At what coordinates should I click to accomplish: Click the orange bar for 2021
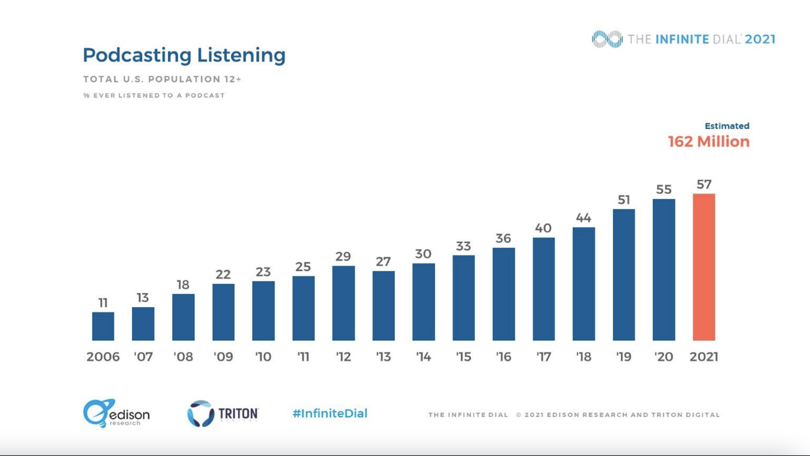pyautogui.click(x=704, y=267)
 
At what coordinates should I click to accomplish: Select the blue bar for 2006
pyautogui.click(x=103, y=326)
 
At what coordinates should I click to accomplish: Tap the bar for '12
pyautogui.click(x=344, y=303)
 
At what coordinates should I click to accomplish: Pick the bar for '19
pyautogui.click(x=624, y=275)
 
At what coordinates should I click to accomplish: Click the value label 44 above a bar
pyautogui.click(x=583, y=218)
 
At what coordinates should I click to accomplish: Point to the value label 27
pyautogui.click(x=383, y=261)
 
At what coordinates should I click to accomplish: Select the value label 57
pyautogui.click(x=704, y=184)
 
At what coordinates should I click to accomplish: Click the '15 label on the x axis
pyautogui.click(x=464, y=357)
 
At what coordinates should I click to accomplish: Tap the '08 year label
pyautogui.click(x=183, y=357)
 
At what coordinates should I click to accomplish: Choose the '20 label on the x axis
pyautogui.click(x=664, y=357)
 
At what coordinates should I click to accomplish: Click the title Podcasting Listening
pyautogui.click(x=184, y=55)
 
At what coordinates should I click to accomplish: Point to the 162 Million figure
pyautogui.click(x=709, y=142)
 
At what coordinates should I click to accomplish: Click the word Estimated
pyautogui.click(x=727, y=126)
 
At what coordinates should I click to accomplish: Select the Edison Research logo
pyautogui.click(x=116, y=413)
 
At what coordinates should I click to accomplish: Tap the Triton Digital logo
pyautogui.click(x=222, y=414)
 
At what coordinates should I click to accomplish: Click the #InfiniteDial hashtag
pyautogui.click(x=330, y=414)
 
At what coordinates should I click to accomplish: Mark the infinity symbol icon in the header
pyautogui.click(x=607, y=39)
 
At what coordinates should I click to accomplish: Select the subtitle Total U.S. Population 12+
pyautogui.click(x=162, y=79)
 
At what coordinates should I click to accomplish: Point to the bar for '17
pyautogui.click(x=544, y=289)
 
